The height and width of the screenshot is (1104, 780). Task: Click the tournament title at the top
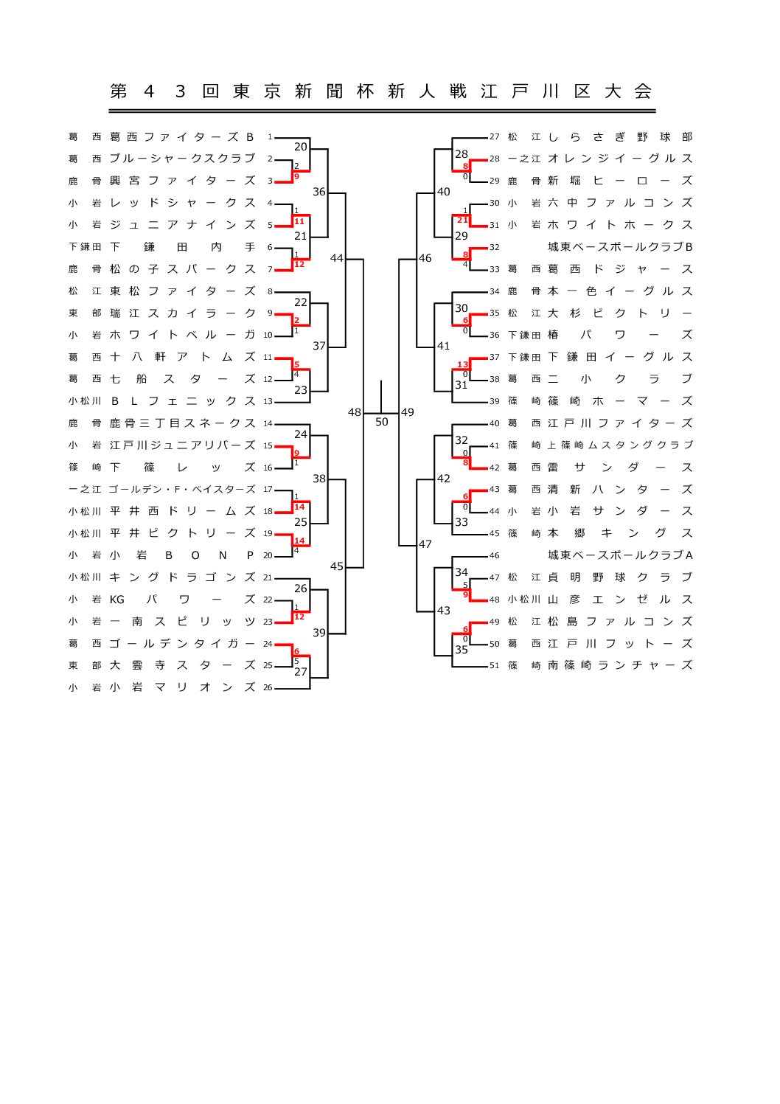[x=381, y=91]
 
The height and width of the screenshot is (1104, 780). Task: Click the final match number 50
[x=381, y=423]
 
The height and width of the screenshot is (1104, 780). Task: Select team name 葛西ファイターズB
[x=181, y=136]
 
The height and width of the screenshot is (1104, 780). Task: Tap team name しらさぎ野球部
[x=619, y=136]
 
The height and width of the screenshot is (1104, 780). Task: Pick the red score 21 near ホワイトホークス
[x=462, y=220]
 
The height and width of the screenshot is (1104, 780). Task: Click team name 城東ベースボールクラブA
[x=619, y=555]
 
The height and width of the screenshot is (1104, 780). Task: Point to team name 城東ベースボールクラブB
[x=619, y=246]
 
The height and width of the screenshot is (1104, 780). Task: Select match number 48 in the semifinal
[x=355, y=412]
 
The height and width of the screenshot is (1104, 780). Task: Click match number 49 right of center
[x=408, y=412]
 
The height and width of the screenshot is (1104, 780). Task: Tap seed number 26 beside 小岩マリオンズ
[x=268, y=687]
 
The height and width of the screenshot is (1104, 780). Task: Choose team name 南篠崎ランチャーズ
[x=619, y=665]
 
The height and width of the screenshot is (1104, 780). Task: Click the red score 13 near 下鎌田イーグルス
[x=462, y=364]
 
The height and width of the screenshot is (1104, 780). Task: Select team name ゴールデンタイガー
[x=181, y=643]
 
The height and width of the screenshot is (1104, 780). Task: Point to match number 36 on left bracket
[x=318, y=192]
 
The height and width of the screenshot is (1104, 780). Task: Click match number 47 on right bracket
[x=425, y=544]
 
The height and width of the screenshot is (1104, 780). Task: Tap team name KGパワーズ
[x=181, y=600]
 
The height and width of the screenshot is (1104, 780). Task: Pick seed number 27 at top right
[x=494, y=136]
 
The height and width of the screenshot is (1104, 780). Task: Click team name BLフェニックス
[x=181, y=401]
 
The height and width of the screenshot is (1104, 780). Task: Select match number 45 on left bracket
[x=337, y=566]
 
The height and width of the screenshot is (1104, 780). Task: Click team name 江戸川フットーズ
[x=619, y=643]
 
